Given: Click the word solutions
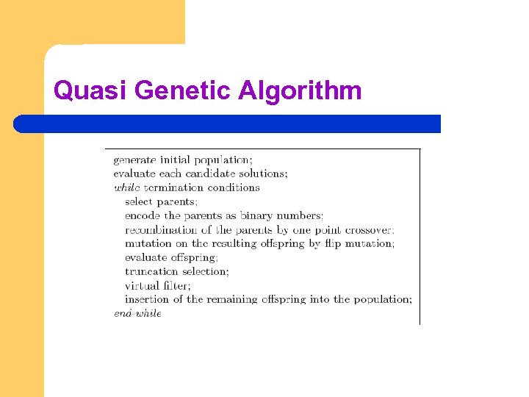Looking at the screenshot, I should pyautogui.click(x=264, y=174).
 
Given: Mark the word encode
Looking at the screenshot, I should pyautogui.click(x=142, y=215).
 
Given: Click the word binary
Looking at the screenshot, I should pyautogui.click(x=258, y=215).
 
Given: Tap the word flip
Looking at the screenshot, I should pyautogui.click(x=334, y=243).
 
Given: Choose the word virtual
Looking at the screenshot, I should pyautogui.click(x=142, y=285).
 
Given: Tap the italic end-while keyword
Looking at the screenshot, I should pyautogui.click(x=137, y=313).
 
